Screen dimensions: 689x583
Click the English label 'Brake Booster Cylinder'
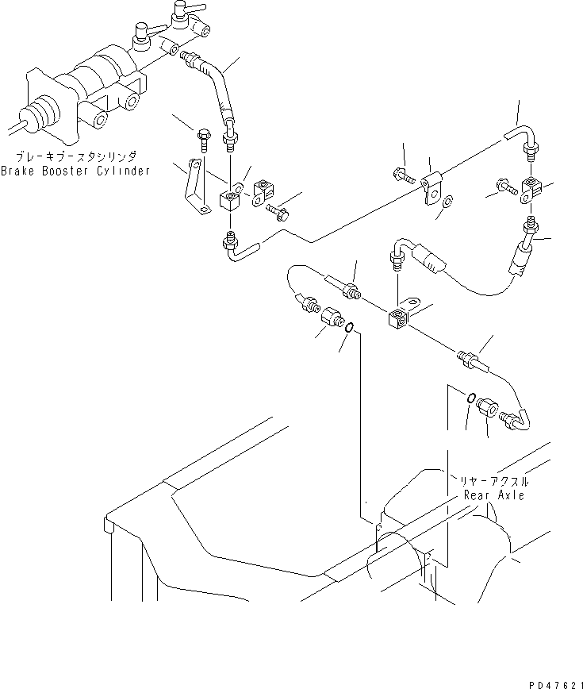pyautogui.click(x=75, y=171)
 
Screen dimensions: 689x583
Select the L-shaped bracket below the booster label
pyautogui.click(x=193, y=187)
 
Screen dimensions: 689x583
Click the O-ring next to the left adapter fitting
pyautogui.click(x=349, y=325)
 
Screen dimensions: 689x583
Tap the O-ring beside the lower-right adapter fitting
pyautogui.click(x=470, y=398)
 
